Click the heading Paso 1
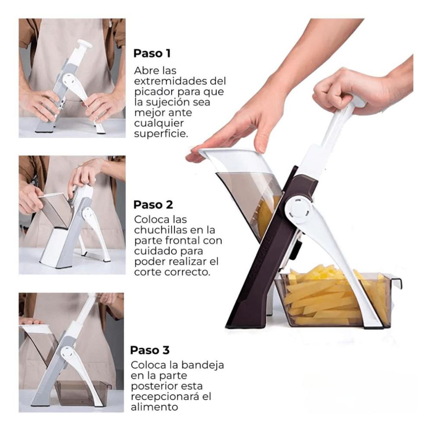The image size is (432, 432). [x=152, y=54]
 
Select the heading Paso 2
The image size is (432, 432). [x=153, y=205]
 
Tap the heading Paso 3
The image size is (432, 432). [x=149, y=350]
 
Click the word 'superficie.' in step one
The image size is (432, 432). [x=161, y=134]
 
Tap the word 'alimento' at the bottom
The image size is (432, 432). [x=154, y=407]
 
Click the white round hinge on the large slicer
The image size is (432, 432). [x=299, y=210]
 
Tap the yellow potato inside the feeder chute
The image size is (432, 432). [x=269, y=218]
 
